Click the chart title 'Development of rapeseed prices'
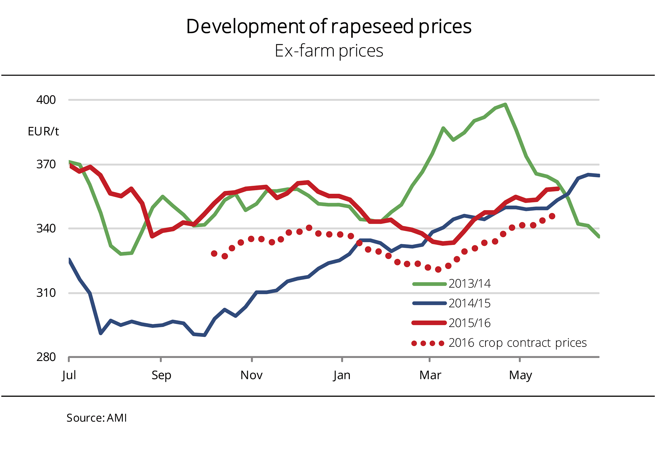point(328,27)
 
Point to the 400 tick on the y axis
point(46,100)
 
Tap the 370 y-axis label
point(46,165)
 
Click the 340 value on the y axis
point(46,229)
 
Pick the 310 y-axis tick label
point(46,293)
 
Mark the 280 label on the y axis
point(46,357)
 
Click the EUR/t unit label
point(43,132)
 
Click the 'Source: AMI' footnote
point(97,418)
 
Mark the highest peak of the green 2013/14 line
point(505,104)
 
